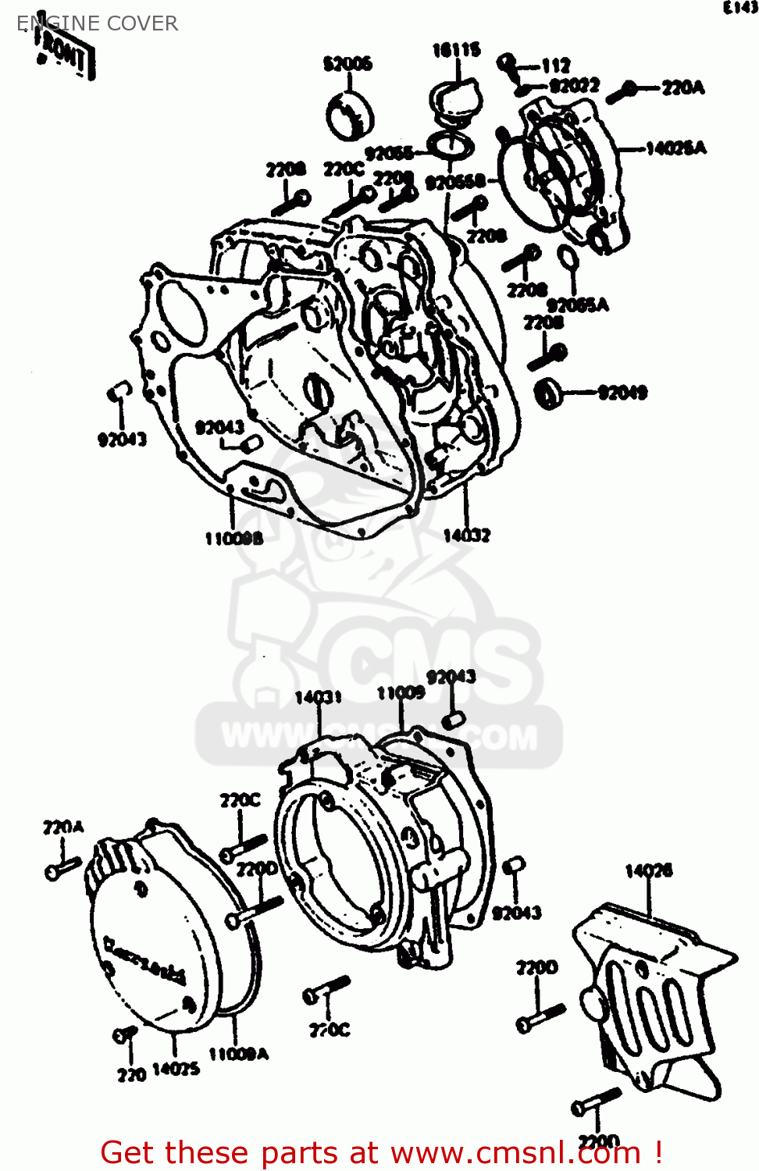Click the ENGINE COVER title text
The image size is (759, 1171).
(x=98, y=23)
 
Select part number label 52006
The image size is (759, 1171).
(x=347, y=63)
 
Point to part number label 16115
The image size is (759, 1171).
(x=456, y=51)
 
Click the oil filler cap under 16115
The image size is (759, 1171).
(x=455, y=101)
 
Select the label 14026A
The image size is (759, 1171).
(x=675, y=148)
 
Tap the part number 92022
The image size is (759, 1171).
(x=575, y=85)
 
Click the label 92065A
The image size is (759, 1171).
(x=577, y=304)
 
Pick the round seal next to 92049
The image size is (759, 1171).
(x=550, y=392)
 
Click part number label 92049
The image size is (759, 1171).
(x=622, y=393)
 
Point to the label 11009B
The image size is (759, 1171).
(x=233, y=538)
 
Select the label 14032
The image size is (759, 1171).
(x=466, y=535)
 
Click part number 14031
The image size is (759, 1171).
(x=318, y=696)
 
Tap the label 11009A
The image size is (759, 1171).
(x=238, y=1054)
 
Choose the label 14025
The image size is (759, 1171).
(x=176, y=1069)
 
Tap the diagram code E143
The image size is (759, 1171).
(x=739, y=8)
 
